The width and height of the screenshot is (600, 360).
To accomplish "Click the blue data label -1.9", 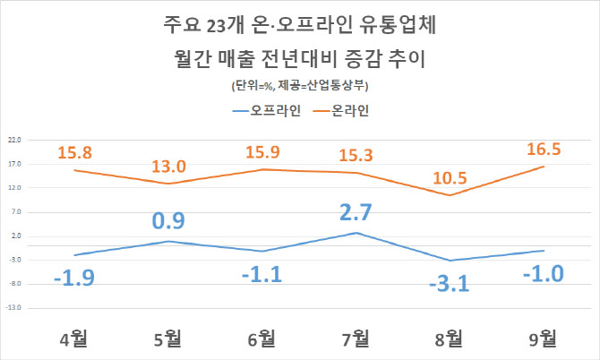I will pyautogui.click(x=77, y=278).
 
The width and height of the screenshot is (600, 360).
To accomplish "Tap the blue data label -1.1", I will pyautogui.click(x=267, y=273).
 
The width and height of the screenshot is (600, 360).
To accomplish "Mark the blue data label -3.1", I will pyautogui.click(x=450, y=286).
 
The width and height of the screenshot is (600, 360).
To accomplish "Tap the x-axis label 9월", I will pyautogui.click(x=542, y=339).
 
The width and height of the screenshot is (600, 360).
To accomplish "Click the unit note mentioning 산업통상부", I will pyautogui.click(x=300, y=87).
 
